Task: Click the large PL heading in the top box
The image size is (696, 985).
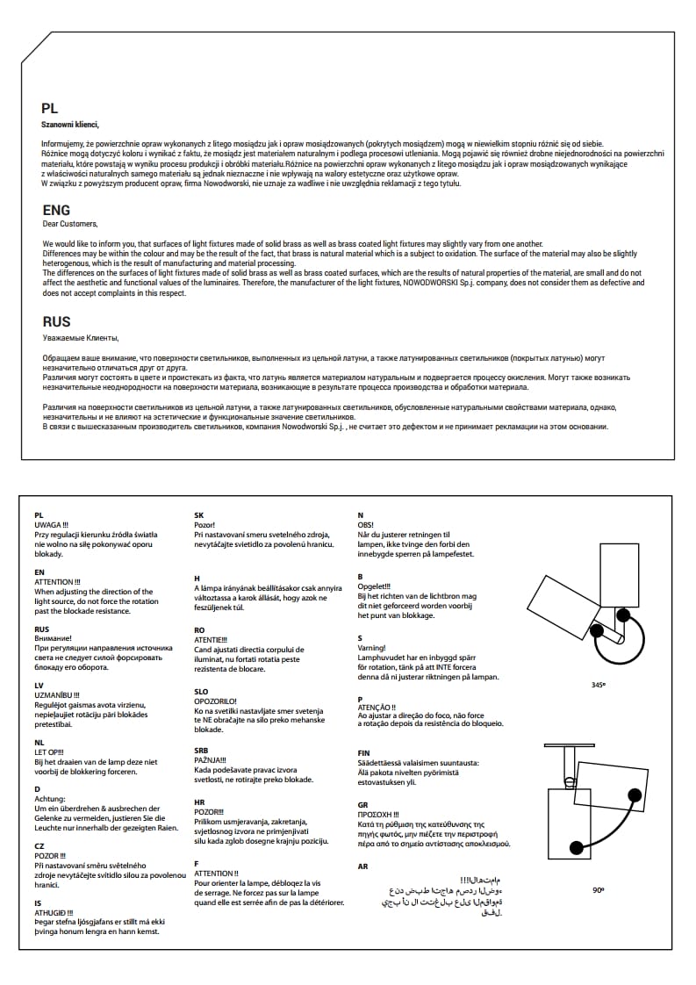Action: (x=49, y=109)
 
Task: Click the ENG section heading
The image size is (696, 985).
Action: (x=55, y=211)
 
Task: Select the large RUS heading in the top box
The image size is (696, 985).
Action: (x=56, y=322)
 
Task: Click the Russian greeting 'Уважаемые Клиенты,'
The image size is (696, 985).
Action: (x=80, y=337)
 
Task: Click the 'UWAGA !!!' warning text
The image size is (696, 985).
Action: (x=51, y=524)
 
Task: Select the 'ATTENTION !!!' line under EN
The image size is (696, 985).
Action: (x=57, y=582)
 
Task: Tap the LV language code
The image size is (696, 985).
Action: (x=39, y=685)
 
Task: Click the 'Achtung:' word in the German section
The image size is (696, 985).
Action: (x=50, y=799)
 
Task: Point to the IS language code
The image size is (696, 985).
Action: (x=38, y=902)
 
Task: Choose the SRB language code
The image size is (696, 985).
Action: (x=201, y=751)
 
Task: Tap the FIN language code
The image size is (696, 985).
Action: (x=364, y=753)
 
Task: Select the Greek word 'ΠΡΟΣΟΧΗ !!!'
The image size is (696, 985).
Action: (x=378, y=815)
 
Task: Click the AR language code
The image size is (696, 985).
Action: (x=363, y=866)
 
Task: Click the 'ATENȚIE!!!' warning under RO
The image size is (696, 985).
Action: (x=211, y=640)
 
